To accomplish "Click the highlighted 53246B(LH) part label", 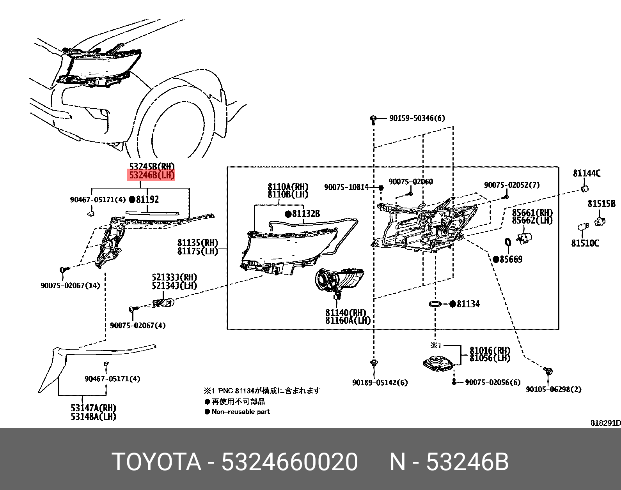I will pyautogui.click(x=152, y=175).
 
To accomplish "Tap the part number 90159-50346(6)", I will pyautogui.click(x=417, y=118).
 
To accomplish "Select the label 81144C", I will pyautogui.click(x=586, y=173).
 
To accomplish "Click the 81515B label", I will pyautogui.click(x=601, y=204).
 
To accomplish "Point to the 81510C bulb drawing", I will pyautogui.click(x=582, y=227).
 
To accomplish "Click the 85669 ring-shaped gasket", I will pyautogui.click(x=508, y=243).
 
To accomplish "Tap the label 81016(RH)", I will pyautogui.click(x=490, y=351).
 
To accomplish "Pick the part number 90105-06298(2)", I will pyautogui.click(x=553, y=389).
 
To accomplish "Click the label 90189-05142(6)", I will pyautogui.click(x=380, y=382).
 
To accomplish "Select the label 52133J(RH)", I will pyautogui.click(x=174, y=278).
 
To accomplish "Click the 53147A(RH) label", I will pyautogui.click(x=94, y=408).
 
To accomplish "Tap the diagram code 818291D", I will pyautogui.click(x=605, y=423).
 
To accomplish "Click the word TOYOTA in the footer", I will pyautogui.click(x=156, y=462).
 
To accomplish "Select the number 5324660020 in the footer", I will pyautogui.click(x=289, y=462).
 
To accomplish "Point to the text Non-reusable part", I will pyautogui.click(x=240, y=412).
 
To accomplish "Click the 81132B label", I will pyautogui.click(x=306, y=213).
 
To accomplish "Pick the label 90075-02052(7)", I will pyautogui.click(x=512, y=185).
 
